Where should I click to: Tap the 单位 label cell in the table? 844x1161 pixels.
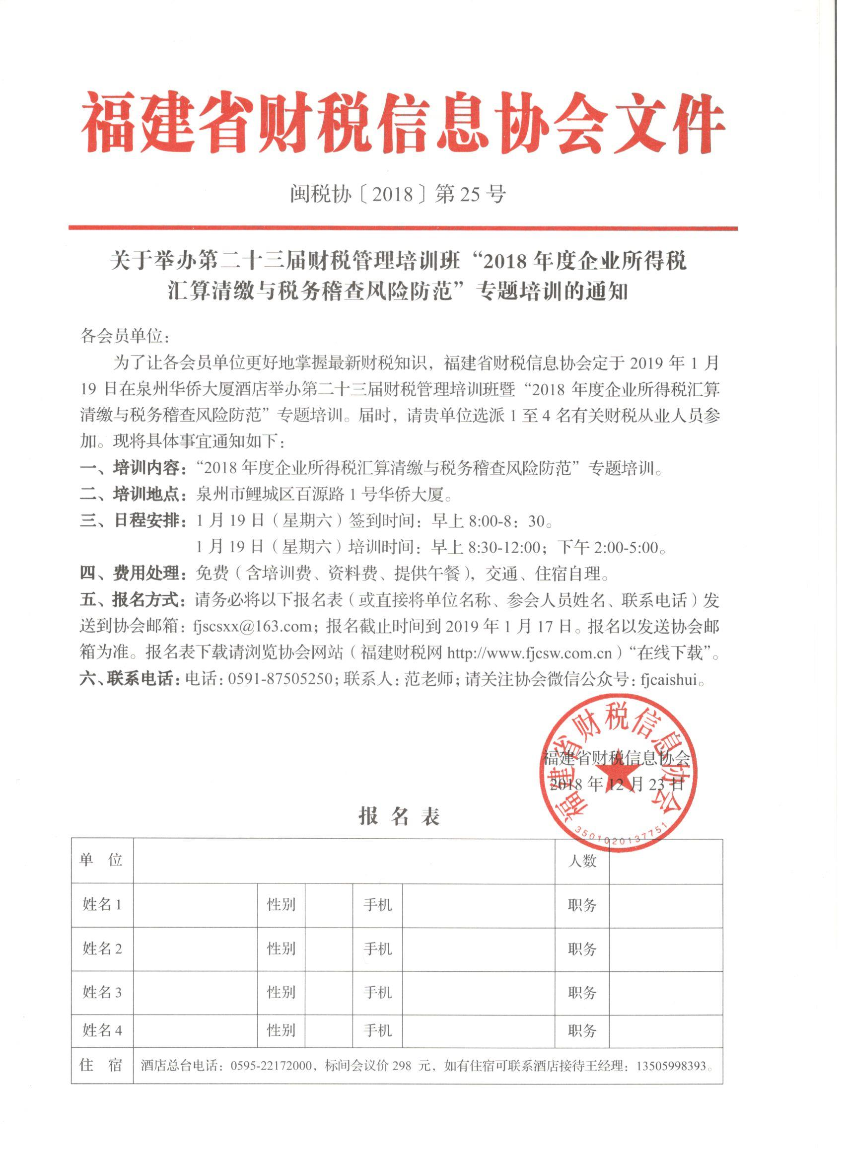tap(101, 860)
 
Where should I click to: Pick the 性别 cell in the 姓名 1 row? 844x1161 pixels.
tap(281, 905)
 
